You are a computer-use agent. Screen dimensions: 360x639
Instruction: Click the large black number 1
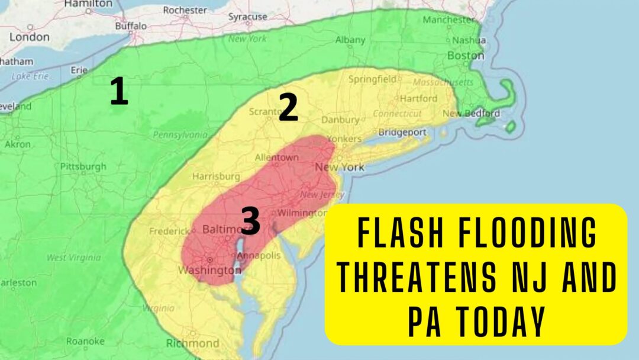[119, 92]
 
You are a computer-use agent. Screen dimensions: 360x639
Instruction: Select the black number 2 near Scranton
[288, 108]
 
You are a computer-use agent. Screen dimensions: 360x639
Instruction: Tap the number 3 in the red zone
[250, 221]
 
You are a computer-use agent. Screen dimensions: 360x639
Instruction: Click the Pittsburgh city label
[83, 166]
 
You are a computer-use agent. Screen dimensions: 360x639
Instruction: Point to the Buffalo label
[131, 26]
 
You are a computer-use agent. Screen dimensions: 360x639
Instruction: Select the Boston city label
[466, 55]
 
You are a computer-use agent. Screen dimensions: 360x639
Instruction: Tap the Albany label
[350, 40]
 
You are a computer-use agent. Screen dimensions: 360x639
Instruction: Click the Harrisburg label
[216, 176]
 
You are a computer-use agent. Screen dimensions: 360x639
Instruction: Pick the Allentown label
[276, 157]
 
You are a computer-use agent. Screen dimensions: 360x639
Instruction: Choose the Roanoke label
[86, 341]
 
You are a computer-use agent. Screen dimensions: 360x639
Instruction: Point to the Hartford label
[418, 98]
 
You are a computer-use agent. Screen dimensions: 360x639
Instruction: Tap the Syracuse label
[248, 17]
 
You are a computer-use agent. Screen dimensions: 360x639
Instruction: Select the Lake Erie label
[29, 76]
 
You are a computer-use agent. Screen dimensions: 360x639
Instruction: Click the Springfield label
[372, 79]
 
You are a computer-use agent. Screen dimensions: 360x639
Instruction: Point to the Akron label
[18, 144]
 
